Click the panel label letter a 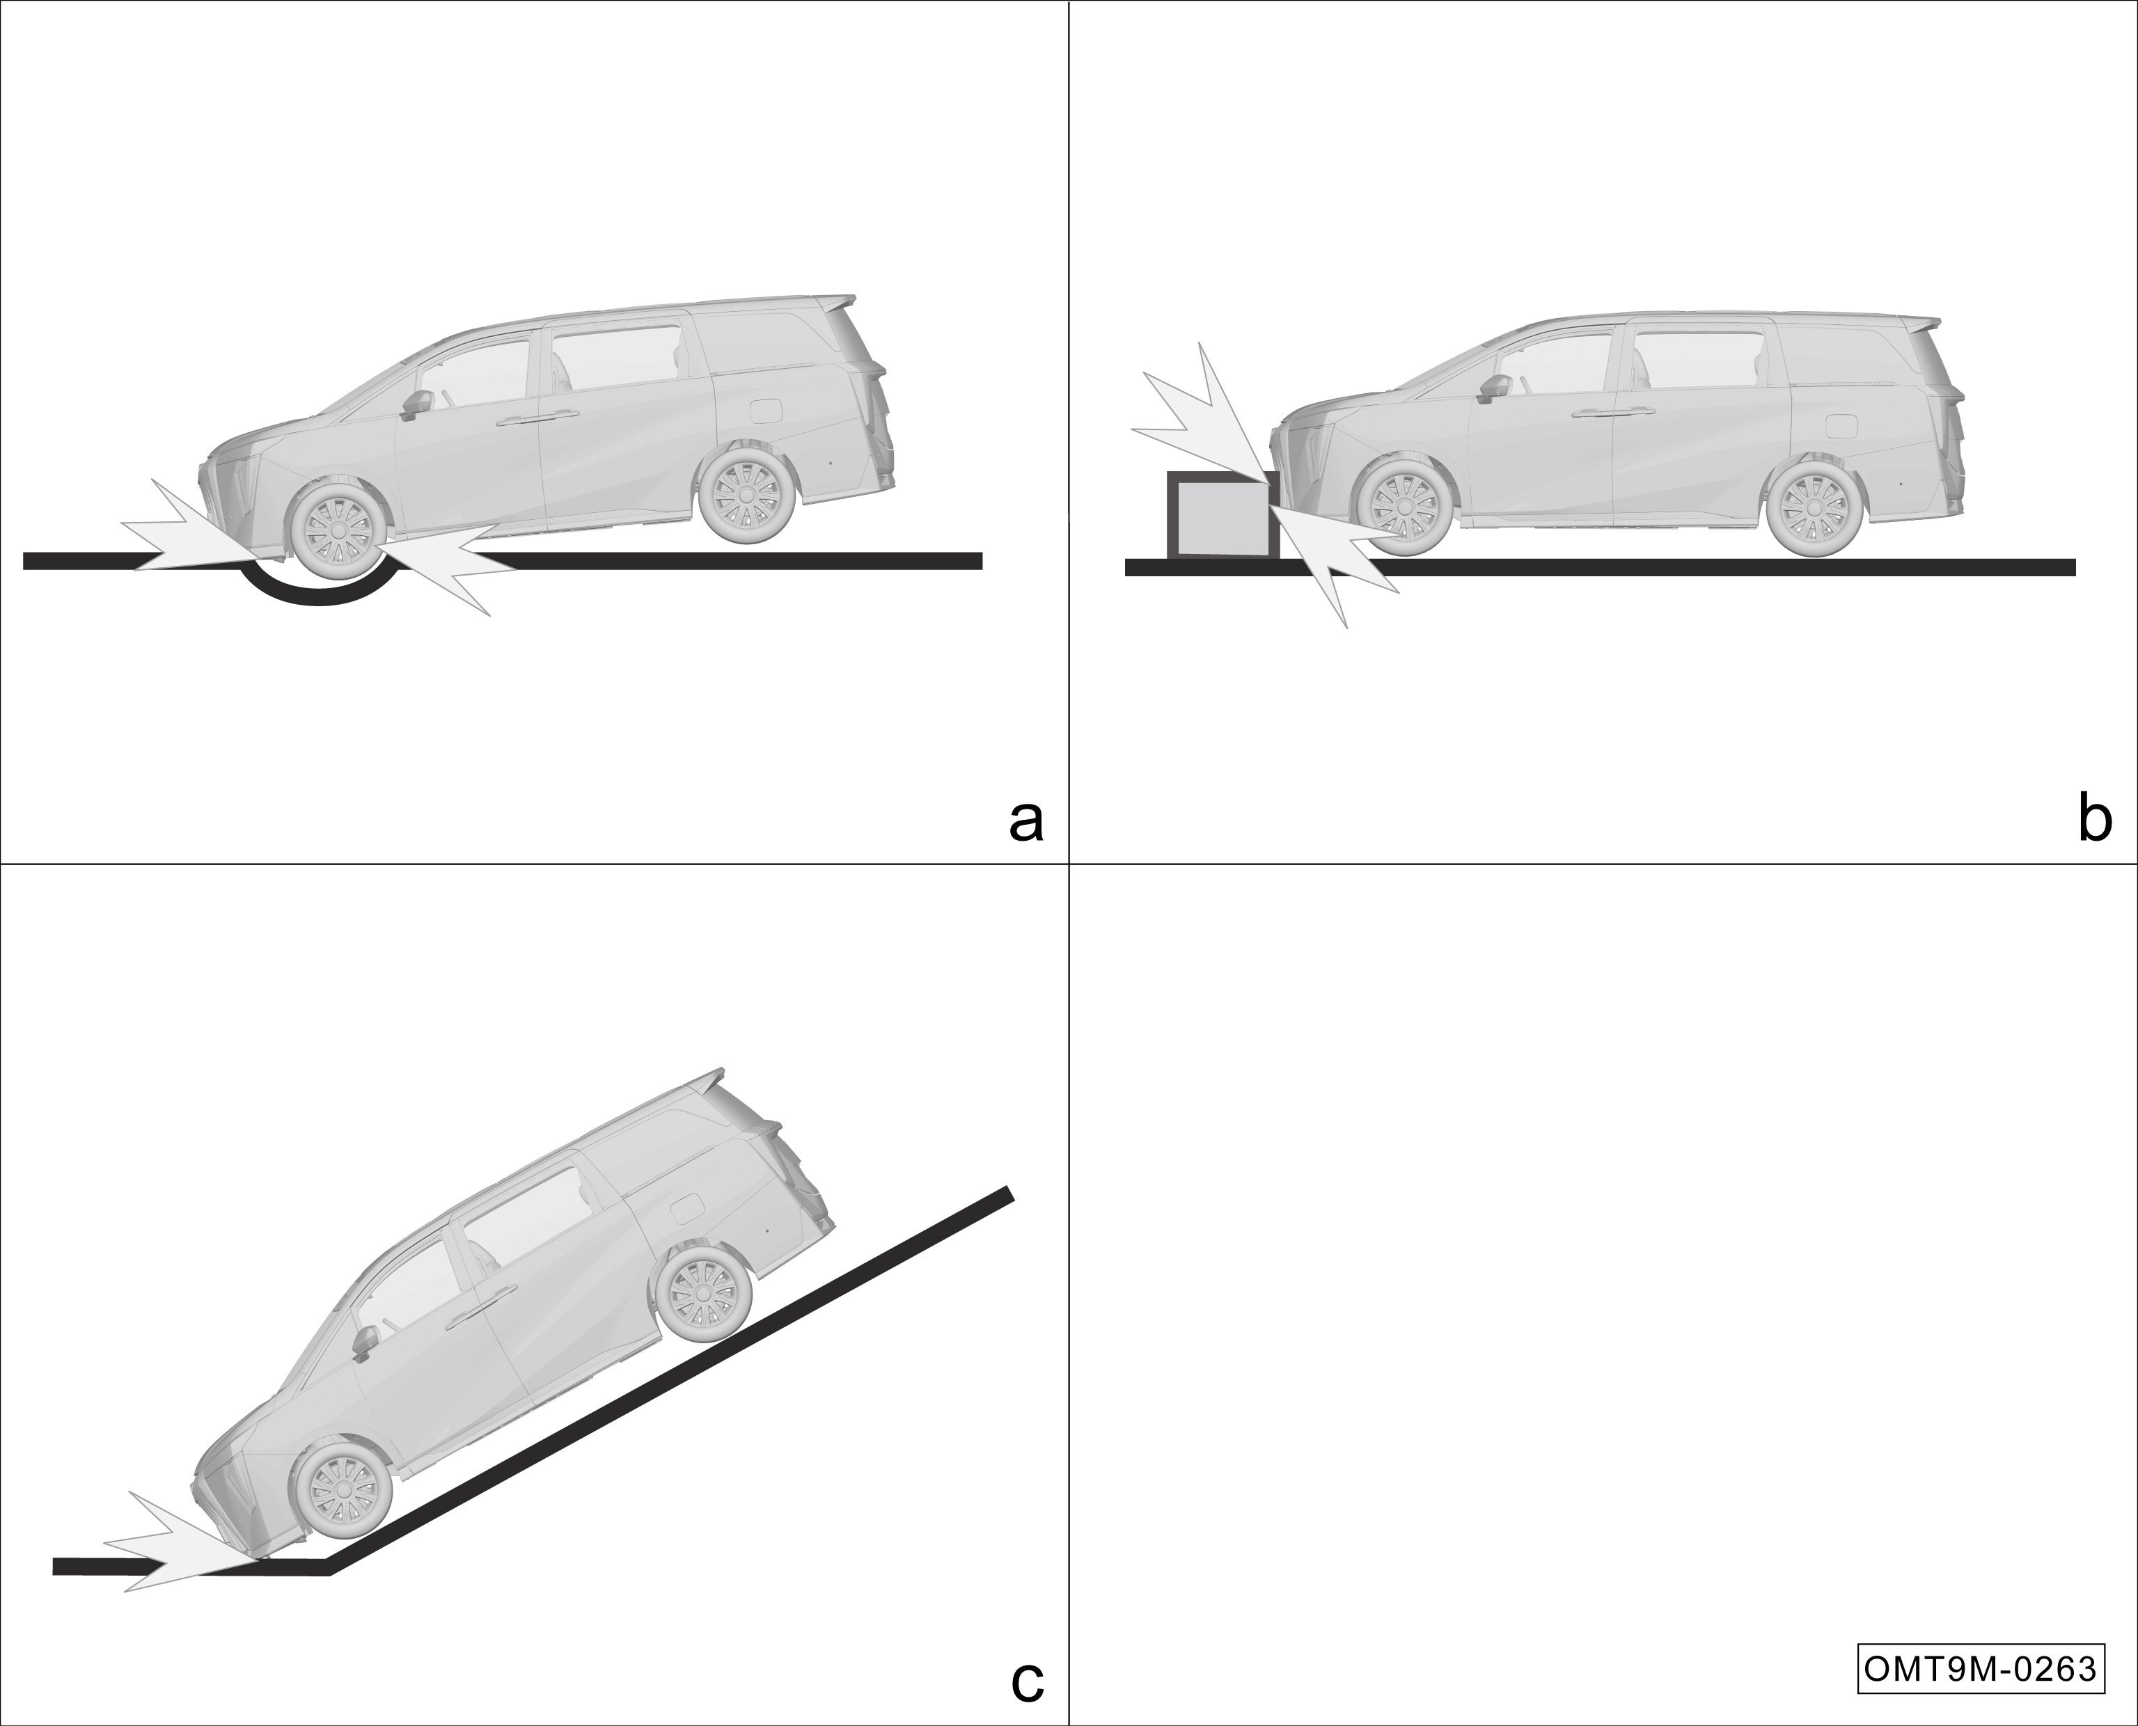pos(1026,822)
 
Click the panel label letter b pos(2096,818)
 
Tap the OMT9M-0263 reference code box pos(1981,1668)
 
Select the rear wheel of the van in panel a pos(748,494)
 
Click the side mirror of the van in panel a pos(416,404)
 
